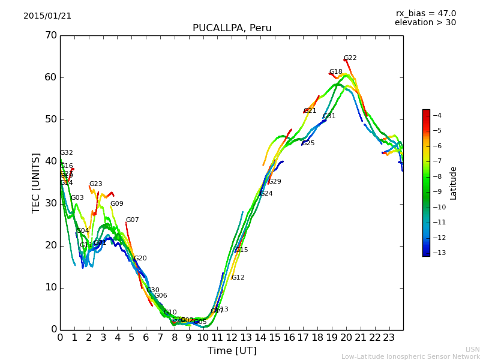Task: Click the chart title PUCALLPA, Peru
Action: [232, 28]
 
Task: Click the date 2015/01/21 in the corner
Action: [47, 16]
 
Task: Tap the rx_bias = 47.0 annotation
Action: [425, 14]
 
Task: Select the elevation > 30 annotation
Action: [425, 23]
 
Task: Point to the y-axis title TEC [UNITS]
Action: [36, 182]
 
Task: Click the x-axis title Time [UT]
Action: [232, 351]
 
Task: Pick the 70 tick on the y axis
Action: [50, 35]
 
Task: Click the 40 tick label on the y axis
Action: [50, 161]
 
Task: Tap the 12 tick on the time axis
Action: [232, 337]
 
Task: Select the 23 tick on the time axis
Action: [389, 337]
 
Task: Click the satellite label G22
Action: [350, 58]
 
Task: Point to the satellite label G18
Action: [335, 72]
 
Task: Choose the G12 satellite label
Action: [238, 278]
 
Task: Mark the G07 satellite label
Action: [132, 220]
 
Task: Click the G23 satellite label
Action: [95, 184]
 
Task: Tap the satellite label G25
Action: [308, 143]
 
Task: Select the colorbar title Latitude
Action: [454, 183]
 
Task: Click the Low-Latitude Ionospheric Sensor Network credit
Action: [410, 357]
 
